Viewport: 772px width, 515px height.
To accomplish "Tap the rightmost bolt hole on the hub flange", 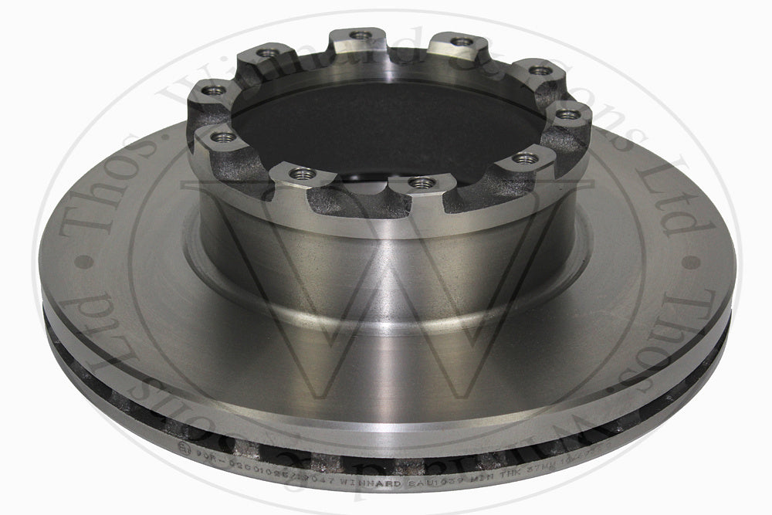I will (x=568, y=114).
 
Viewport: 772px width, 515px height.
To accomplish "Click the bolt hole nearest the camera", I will (x=420, y=182).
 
